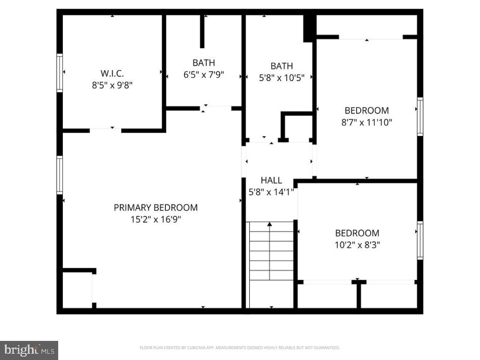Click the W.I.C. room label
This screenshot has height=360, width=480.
coord(112,74)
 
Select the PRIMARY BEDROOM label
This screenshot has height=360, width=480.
coord(155,207)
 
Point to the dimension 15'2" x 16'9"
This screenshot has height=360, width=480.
coord(155,219)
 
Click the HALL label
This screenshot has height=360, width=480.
coord(271,180)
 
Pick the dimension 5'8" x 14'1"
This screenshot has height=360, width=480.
coord(271,192)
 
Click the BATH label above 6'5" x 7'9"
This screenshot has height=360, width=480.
coord(204,63)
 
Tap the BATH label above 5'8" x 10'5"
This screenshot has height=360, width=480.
coord(281,66)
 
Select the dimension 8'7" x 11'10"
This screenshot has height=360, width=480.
coord(367,122)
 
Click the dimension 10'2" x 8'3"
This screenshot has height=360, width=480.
coord(357,245)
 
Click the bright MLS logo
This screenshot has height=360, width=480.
coord(29,350)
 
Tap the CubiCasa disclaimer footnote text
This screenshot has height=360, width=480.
coord(240,348)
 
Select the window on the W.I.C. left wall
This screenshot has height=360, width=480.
coord(60,73)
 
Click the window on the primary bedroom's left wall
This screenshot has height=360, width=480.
coord(60,175)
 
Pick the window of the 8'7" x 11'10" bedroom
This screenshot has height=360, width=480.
coord(420,116)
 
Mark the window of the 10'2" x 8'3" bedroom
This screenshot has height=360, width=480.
coord(420,240)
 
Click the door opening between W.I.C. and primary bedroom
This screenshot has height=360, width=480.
coord(105,131)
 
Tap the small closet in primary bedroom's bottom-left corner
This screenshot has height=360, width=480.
coord(77,290)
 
